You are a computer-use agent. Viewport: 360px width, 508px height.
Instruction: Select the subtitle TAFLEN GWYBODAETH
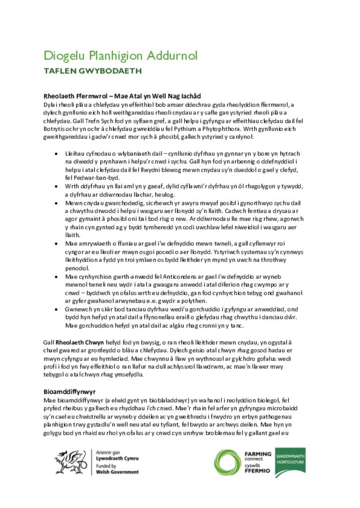93,71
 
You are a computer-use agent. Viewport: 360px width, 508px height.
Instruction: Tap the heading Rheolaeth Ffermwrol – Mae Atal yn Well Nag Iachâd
122,96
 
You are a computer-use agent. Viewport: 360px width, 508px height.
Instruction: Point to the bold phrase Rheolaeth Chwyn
79,342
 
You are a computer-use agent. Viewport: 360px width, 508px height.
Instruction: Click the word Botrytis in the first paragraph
54,128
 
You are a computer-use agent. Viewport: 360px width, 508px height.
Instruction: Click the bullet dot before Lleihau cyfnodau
56,154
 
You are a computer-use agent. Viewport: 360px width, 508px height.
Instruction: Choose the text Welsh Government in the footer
117,472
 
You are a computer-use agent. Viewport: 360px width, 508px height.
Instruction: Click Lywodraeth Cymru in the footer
117,459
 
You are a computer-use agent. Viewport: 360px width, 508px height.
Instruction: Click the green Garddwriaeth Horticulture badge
290,462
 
